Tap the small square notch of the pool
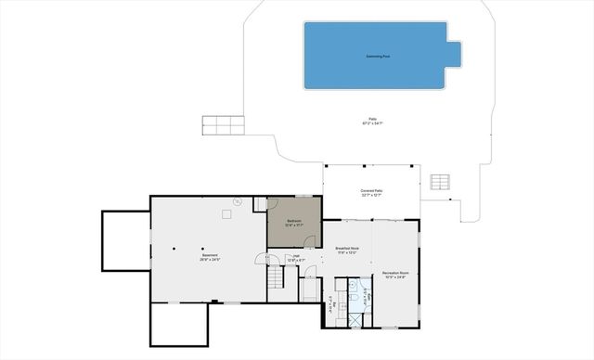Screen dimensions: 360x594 coord(454,54)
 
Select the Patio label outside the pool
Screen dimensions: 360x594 coord(373,122)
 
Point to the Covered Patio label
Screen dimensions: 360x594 coord(372,192)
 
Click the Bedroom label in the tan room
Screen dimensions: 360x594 coord(294,222)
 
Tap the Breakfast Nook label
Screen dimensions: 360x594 coord(347,251)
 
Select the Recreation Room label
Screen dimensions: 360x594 coord(396,275)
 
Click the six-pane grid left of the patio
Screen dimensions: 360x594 coord(223,123)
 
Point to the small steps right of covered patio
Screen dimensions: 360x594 coord(442,181)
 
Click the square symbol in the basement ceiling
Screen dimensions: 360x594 coord(226,213)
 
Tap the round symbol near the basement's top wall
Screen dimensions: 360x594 coord(237,201)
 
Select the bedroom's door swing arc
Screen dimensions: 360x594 coord(273,204)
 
